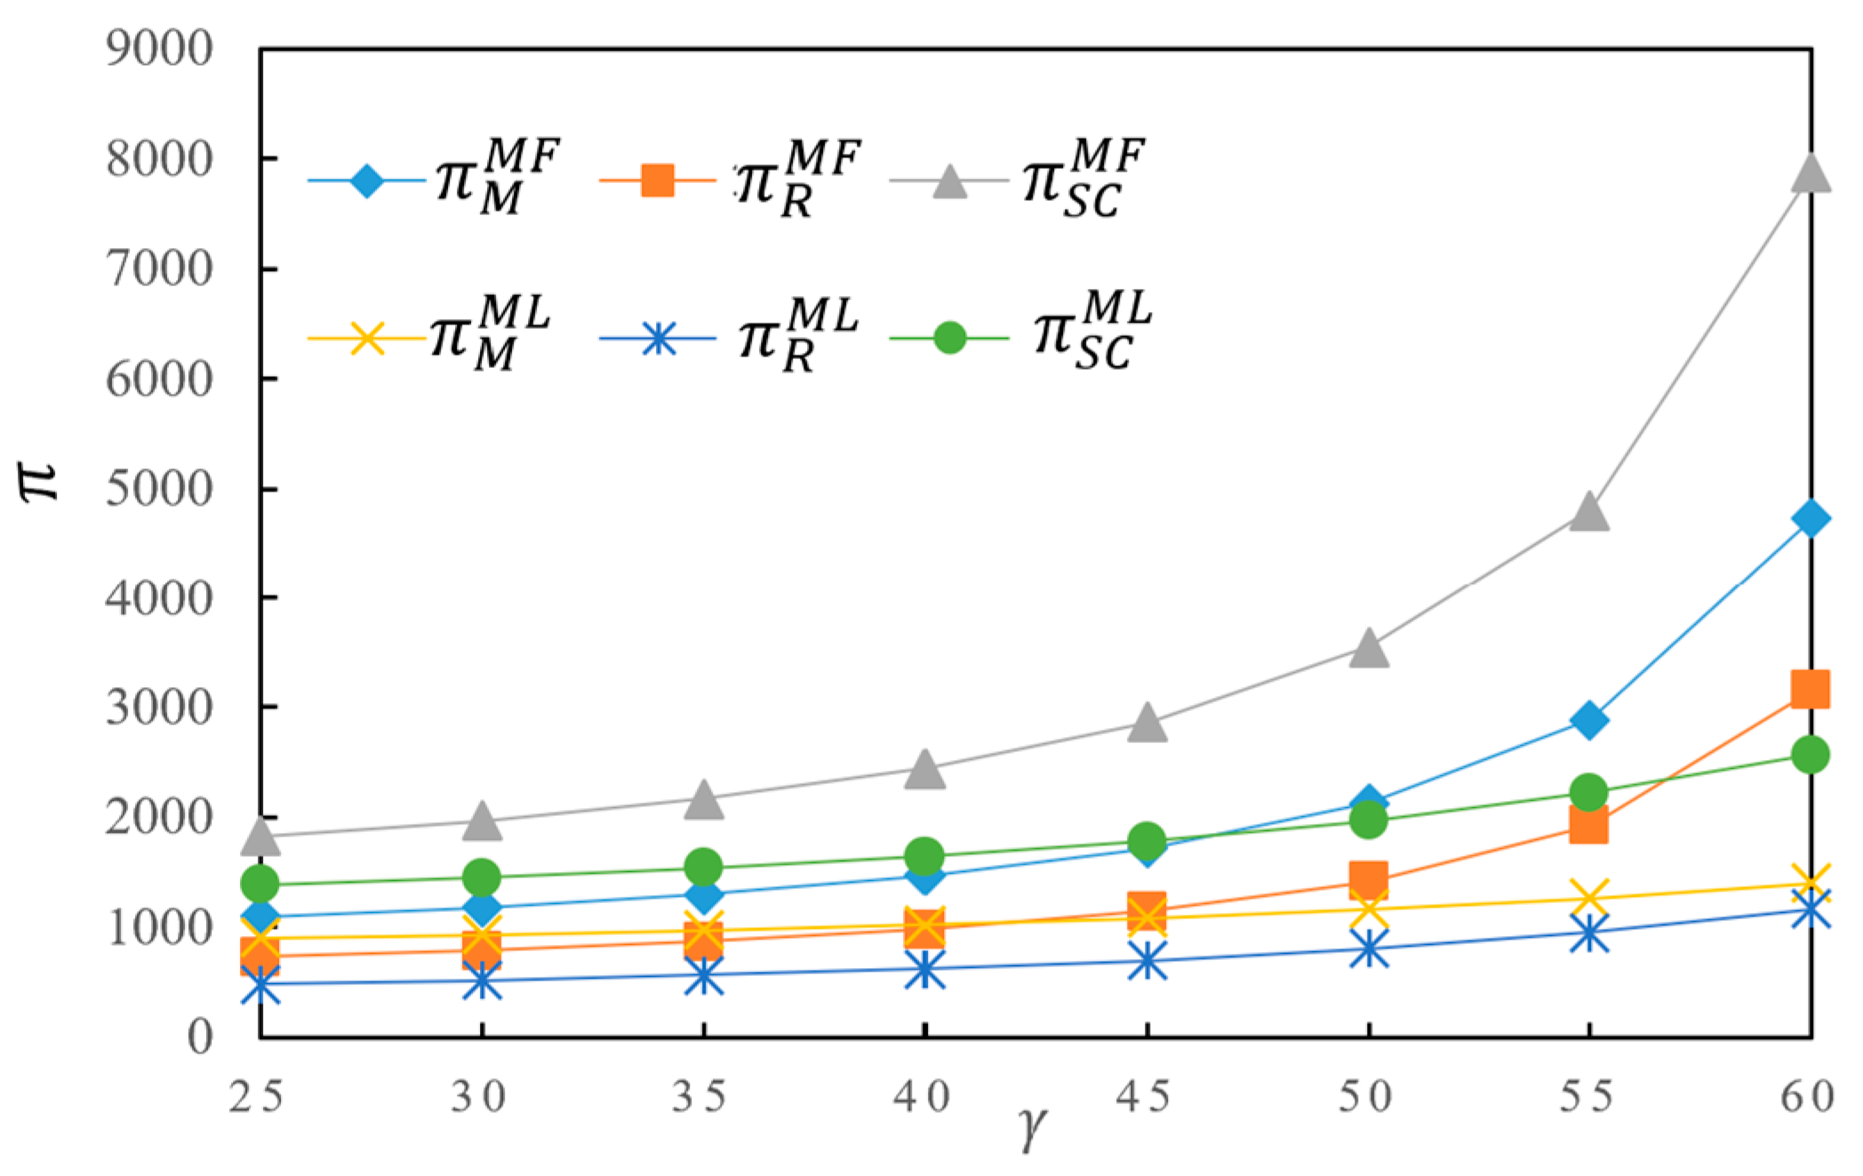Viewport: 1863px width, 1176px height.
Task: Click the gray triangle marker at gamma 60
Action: [x=1811, y=172]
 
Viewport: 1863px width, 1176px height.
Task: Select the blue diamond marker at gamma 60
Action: [x=1811, y=518]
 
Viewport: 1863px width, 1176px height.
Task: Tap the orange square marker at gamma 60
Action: [x=1811, y=689]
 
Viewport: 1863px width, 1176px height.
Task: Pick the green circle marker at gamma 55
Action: [x=1588, y=791]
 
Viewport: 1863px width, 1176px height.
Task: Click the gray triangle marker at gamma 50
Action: [x=1368, y=648]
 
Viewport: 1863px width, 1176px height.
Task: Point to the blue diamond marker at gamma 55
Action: [x=1588, y=719]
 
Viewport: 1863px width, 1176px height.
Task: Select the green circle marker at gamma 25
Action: [x=260, y=884]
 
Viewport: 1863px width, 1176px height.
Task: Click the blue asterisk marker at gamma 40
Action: [x=924, y=969]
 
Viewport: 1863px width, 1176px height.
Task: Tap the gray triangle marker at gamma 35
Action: [x=703, y=798]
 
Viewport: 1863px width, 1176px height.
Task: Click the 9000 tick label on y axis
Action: [x=159, y=48]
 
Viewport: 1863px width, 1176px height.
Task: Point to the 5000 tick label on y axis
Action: [x=159, y=488]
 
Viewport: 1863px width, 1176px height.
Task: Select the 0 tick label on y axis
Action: [x=199, y=1036]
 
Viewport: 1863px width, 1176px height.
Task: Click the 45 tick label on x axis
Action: [x=1145, y=1097]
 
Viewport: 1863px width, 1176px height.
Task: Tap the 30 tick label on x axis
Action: [x=480, y=1097]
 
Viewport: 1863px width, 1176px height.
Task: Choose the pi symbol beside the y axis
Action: [x=39, y=483]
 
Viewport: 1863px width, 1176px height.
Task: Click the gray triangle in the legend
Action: [x=949, y=180]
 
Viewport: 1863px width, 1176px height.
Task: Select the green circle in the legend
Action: [x=949, y=338]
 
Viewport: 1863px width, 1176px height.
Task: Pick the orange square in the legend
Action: [x=657, y=180]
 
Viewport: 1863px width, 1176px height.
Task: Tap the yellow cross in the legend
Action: [x=365, y=338]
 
